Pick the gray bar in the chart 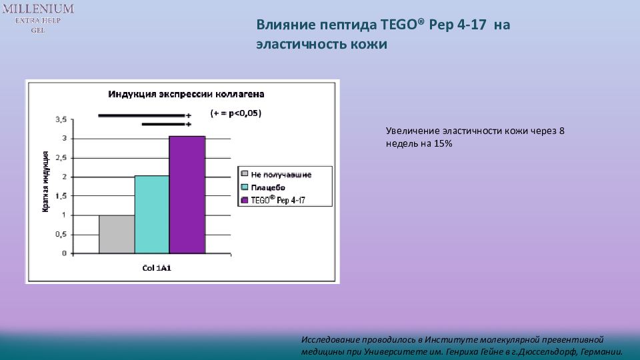pos(117,234)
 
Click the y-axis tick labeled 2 pos(64,177)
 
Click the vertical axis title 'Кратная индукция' pos(46,182)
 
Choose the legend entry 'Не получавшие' pos(281,175)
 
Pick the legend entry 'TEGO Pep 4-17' pos(278,200)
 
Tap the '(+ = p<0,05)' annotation pos(236,113)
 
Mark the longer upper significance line pos(141,115)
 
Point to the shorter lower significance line pos(164,124)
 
